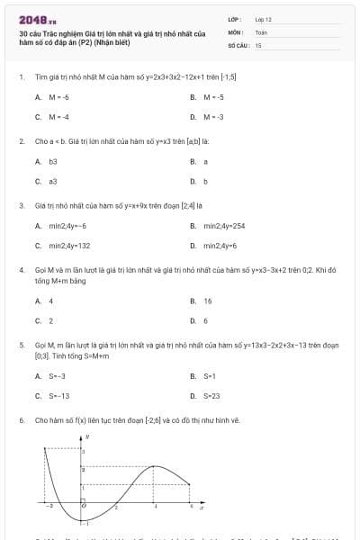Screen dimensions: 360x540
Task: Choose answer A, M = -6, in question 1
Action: [58, 96]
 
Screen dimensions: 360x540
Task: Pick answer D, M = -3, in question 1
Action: [213, 117]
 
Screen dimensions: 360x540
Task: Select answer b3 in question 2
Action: [53, 161]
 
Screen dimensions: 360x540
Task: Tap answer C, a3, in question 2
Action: [52, 181]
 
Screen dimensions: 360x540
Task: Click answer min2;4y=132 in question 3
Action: [69, 245]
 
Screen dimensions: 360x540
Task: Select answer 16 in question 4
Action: [208, 301]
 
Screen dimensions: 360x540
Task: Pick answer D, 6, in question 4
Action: [205, 320]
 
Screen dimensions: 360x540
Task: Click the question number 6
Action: [21, 419]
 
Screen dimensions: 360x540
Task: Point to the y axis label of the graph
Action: [86, 436]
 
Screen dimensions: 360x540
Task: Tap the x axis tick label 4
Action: [155, 508]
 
